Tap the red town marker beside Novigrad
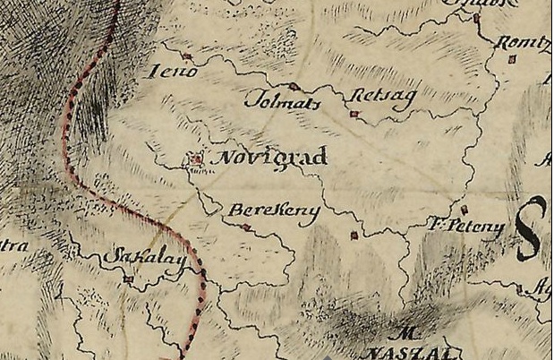pos(195,159)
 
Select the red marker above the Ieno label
pos(188,59)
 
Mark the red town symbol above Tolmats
pos(294,86)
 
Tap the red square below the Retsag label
pos(354,114)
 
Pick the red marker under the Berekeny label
pos(247,227)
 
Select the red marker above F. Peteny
pos(465,210)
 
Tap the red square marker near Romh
pos(512,60)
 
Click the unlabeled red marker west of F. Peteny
pos(354,236)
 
